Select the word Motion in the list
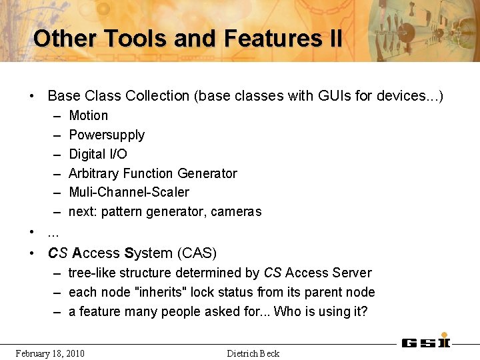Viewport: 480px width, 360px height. click(88, 115)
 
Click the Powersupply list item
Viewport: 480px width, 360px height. click(107, 135)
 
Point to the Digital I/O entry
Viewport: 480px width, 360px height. click(98, 154)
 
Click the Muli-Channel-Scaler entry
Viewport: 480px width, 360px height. click(129, 192)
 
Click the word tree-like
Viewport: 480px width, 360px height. click(91, 273)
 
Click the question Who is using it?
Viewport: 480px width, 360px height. click(321, 311)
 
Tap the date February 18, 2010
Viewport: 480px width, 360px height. click(50, 353)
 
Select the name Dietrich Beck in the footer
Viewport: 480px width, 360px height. click(253, 353)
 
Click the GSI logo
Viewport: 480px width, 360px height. click(426, 341)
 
